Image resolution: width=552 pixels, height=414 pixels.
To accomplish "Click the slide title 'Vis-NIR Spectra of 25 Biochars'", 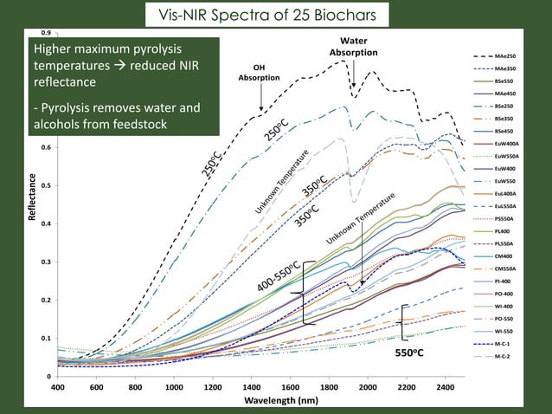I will coord(275,15).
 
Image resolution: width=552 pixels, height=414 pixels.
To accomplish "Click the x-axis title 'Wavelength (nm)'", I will coord(261,401).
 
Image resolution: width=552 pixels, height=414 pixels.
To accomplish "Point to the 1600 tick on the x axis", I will coord(291,388).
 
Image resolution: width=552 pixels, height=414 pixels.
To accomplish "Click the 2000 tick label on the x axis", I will coord(368,388).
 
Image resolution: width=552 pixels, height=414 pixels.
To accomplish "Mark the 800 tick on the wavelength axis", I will coord(136,388).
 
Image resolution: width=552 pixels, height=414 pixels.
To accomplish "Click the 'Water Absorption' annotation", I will coord(353,47).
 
